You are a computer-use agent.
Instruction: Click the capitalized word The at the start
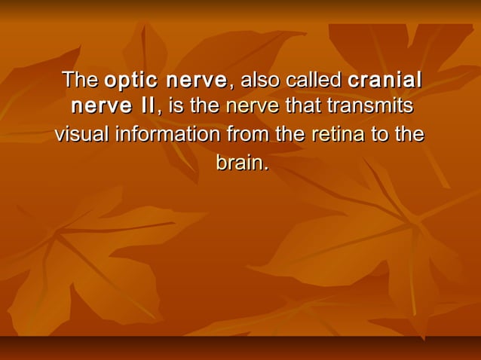click(80, 79)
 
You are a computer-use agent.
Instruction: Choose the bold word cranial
click(384, 79)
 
